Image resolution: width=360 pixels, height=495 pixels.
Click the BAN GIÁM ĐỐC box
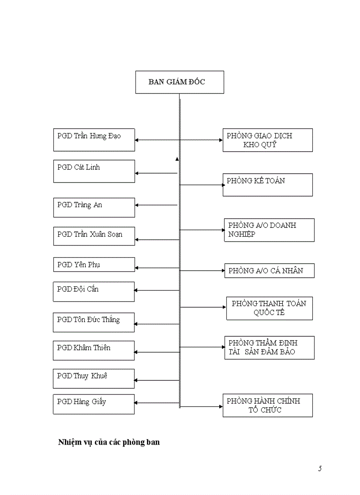point(179,82)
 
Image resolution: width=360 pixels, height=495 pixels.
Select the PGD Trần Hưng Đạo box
point(94,140)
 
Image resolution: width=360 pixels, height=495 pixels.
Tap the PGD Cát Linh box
point(94,171)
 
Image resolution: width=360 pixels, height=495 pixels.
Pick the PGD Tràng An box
point(94,207)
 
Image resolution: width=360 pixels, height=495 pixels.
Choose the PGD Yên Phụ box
point(94,264)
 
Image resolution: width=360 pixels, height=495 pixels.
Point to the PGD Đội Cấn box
point(94,291)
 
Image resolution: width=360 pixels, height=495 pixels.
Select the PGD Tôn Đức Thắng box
point(94,322)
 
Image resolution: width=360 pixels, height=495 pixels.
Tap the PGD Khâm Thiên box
point(94,350)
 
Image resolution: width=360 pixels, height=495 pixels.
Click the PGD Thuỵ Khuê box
point(94,378)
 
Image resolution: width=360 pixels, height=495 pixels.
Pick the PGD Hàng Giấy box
point(94,404)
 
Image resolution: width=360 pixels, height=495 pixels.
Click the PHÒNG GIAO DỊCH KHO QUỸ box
point(267,140)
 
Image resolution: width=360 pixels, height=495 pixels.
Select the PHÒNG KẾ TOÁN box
point(267,185)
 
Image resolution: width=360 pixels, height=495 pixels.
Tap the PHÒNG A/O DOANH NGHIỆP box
point(269,230)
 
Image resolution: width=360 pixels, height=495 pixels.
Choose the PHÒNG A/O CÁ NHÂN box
point(269,271)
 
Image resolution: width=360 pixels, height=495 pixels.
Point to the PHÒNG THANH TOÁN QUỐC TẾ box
point(269,308)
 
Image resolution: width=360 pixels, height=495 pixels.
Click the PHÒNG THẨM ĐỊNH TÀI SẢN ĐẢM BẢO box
point(269,347)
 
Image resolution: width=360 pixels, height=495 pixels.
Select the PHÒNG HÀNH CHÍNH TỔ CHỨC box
point(267,405)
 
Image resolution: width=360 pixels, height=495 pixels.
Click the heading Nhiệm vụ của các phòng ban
point(109,442)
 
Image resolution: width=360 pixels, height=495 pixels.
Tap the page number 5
point(320,469)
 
